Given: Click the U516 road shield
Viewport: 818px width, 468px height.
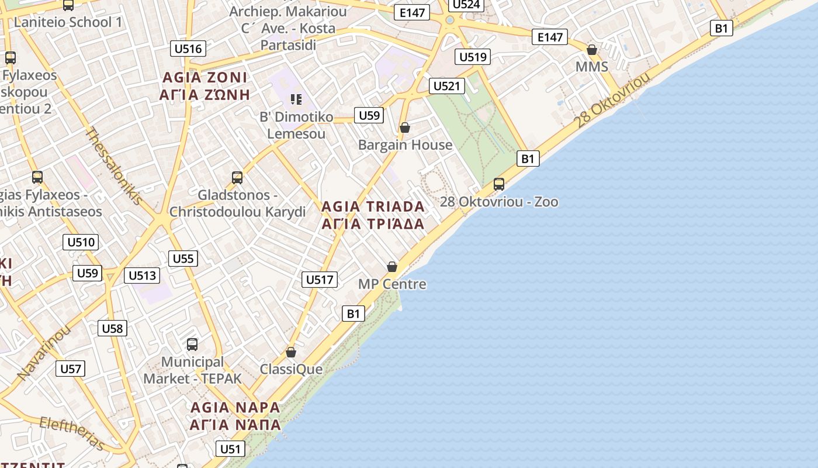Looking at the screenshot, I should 188,49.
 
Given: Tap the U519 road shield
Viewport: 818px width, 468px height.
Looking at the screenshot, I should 473,57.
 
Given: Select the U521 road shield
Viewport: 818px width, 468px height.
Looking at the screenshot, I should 446,86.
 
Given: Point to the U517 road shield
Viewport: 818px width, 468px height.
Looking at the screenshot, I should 320,280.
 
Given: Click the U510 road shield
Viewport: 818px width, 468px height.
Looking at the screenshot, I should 81,242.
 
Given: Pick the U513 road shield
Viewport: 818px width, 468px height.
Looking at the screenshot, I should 142,276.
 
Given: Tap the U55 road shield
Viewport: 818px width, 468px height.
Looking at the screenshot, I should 183,259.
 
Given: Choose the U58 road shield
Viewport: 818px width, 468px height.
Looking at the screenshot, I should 112,328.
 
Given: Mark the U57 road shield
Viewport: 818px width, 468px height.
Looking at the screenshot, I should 71,369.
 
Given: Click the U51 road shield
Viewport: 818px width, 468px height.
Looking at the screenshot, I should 230,449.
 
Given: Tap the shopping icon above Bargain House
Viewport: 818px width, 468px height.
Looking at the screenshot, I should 404,128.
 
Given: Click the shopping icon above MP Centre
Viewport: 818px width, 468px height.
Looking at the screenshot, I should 392,267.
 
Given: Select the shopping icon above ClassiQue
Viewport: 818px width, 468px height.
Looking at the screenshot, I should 291,352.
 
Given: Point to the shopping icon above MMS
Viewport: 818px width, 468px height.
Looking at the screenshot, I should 592,50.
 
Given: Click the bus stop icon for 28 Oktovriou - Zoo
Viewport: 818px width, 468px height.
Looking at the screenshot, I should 499,184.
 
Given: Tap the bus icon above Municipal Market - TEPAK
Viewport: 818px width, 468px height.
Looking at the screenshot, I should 192,345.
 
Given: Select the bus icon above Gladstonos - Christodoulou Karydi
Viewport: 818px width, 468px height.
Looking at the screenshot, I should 237,177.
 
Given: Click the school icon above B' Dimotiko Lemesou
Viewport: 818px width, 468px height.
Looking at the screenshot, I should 296,99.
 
